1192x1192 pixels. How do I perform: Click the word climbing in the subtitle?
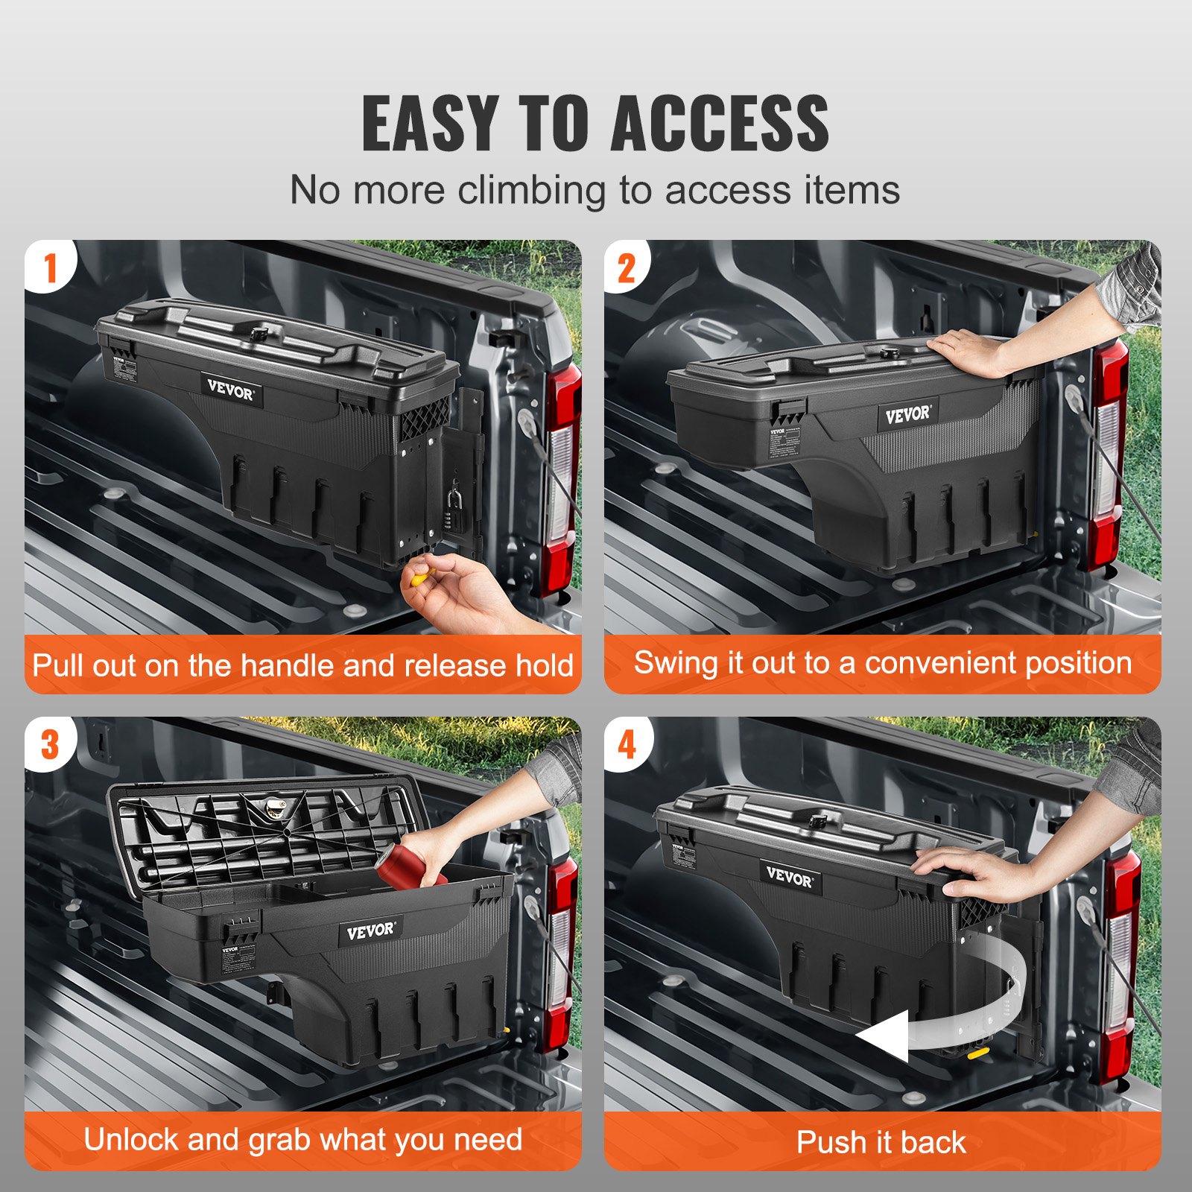pos(531,190)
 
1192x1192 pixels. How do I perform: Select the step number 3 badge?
pos(50,744)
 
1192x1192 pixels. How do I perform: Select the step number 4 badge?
pos(627,744)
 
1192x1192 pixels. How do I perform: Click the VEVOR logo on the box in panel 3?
pos(370,931)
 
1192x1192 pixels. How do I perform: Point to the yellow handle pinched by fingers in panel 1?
pos(421,575)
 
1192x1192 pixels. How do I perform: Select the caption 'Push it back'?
pos(881,1142)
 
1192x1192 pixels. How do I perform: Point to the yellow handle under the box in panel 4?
pos(977,1052)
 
